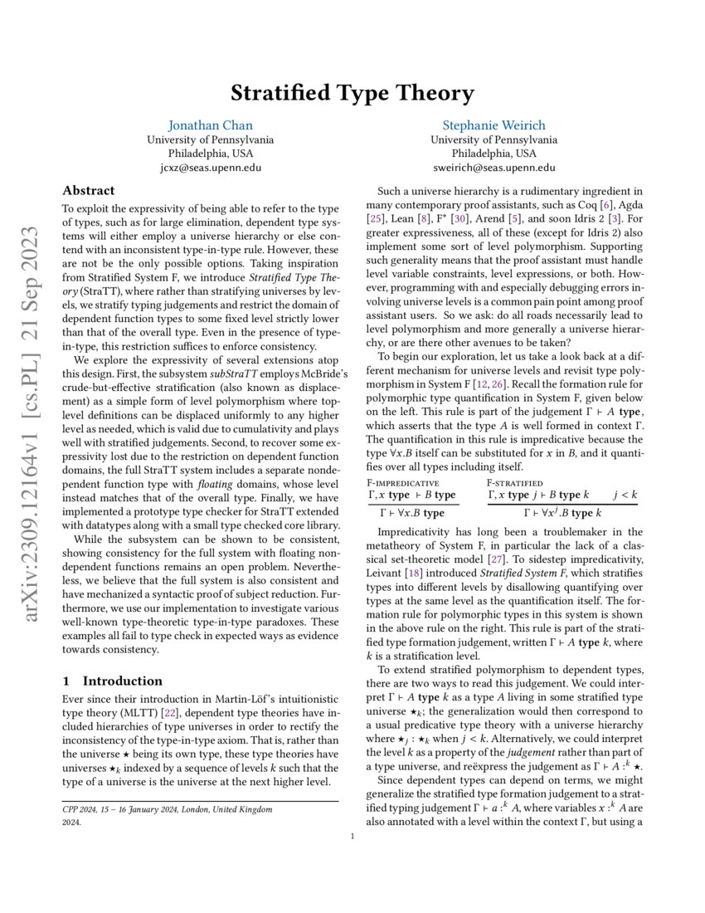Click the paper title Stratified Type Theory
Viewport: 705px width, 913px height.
352,92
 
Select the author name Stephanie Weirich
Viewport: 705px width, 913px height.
494,125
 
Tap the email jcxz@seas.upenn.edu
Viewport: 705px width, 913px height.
210,168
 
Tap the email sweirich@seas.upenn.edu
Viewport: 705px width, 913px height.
494,168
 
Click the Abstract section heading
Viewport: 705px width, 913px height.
89,191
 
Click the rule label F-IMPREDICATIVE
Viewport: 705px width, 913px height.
402,481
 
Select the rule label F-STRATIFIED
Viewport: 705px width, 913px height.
514,481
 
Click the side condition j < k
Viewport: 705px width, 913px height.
625,495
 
